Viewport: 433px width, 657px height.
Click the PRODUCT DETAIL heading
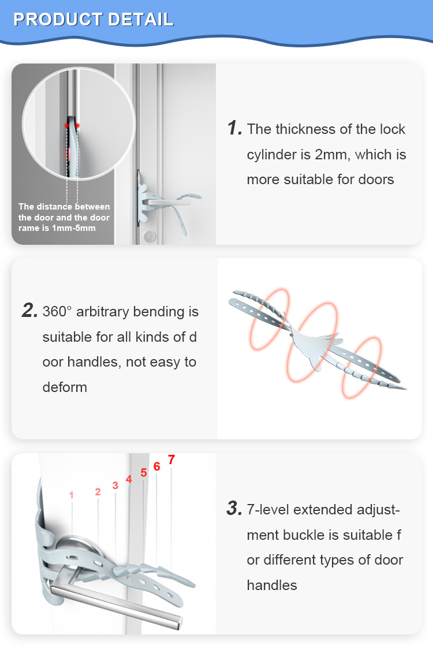point(94,20)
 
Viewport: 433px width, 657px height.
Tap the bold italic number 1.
point(234,128)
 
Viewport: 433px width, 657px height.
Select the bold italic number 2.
point(29,310)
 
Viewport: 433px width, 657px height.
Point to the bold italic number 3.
point(234,508)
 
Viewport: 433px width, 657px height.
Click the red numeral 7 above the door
point(171,460)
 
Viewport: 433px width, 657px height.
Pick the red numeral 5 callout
point(144,473)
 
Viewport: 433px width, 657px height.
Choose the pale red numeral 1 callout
point(71,495)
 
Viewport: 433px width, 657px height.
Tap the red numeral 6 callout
point(157,466)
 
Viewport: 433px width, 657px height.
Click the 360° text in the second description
point(57,311)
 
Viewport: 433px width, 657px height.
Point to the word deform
point(65,387)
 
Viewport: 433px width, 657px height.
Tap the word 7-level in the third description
point(268,510)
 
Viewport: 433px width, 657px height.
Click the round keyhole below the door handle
point(149,236)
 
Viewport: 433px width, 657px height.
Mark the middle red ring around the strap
point(312,342)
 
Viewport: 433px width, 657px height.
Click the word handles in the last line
point(271,585)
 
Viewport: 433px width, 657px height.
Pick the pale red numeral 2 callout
point(98,491)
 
